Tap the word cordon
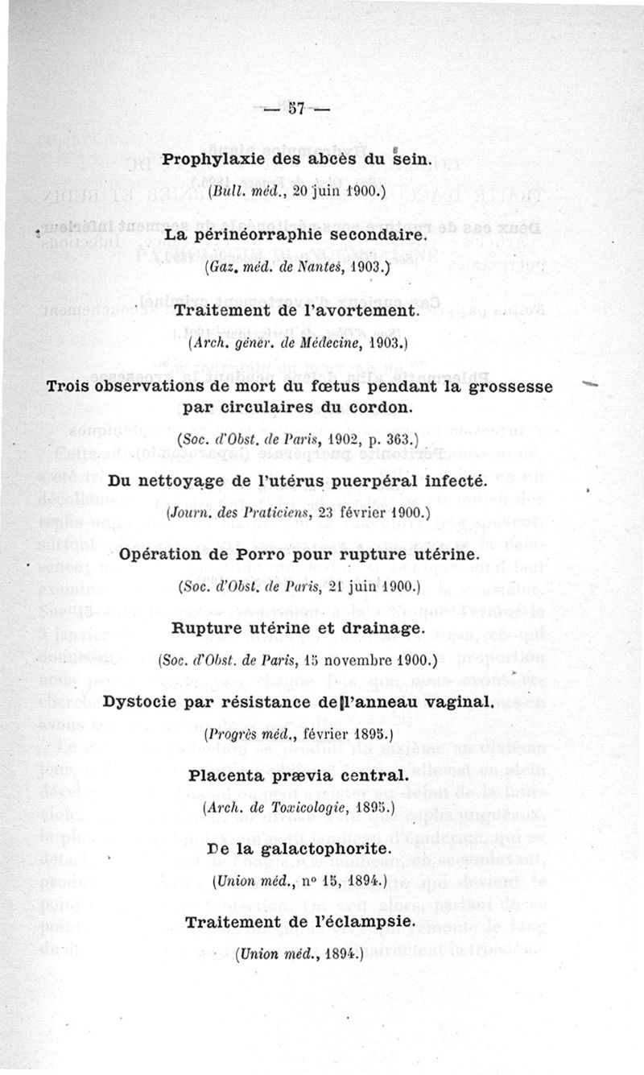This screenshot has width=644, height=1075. (x=386, y=407)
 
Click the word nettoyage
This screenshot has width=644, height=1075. (x=180, y=481)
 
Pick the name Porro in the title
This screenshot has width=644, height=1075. (x=297, y=555)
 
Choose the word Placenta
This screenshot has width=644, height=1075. (x=229, y=776)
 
